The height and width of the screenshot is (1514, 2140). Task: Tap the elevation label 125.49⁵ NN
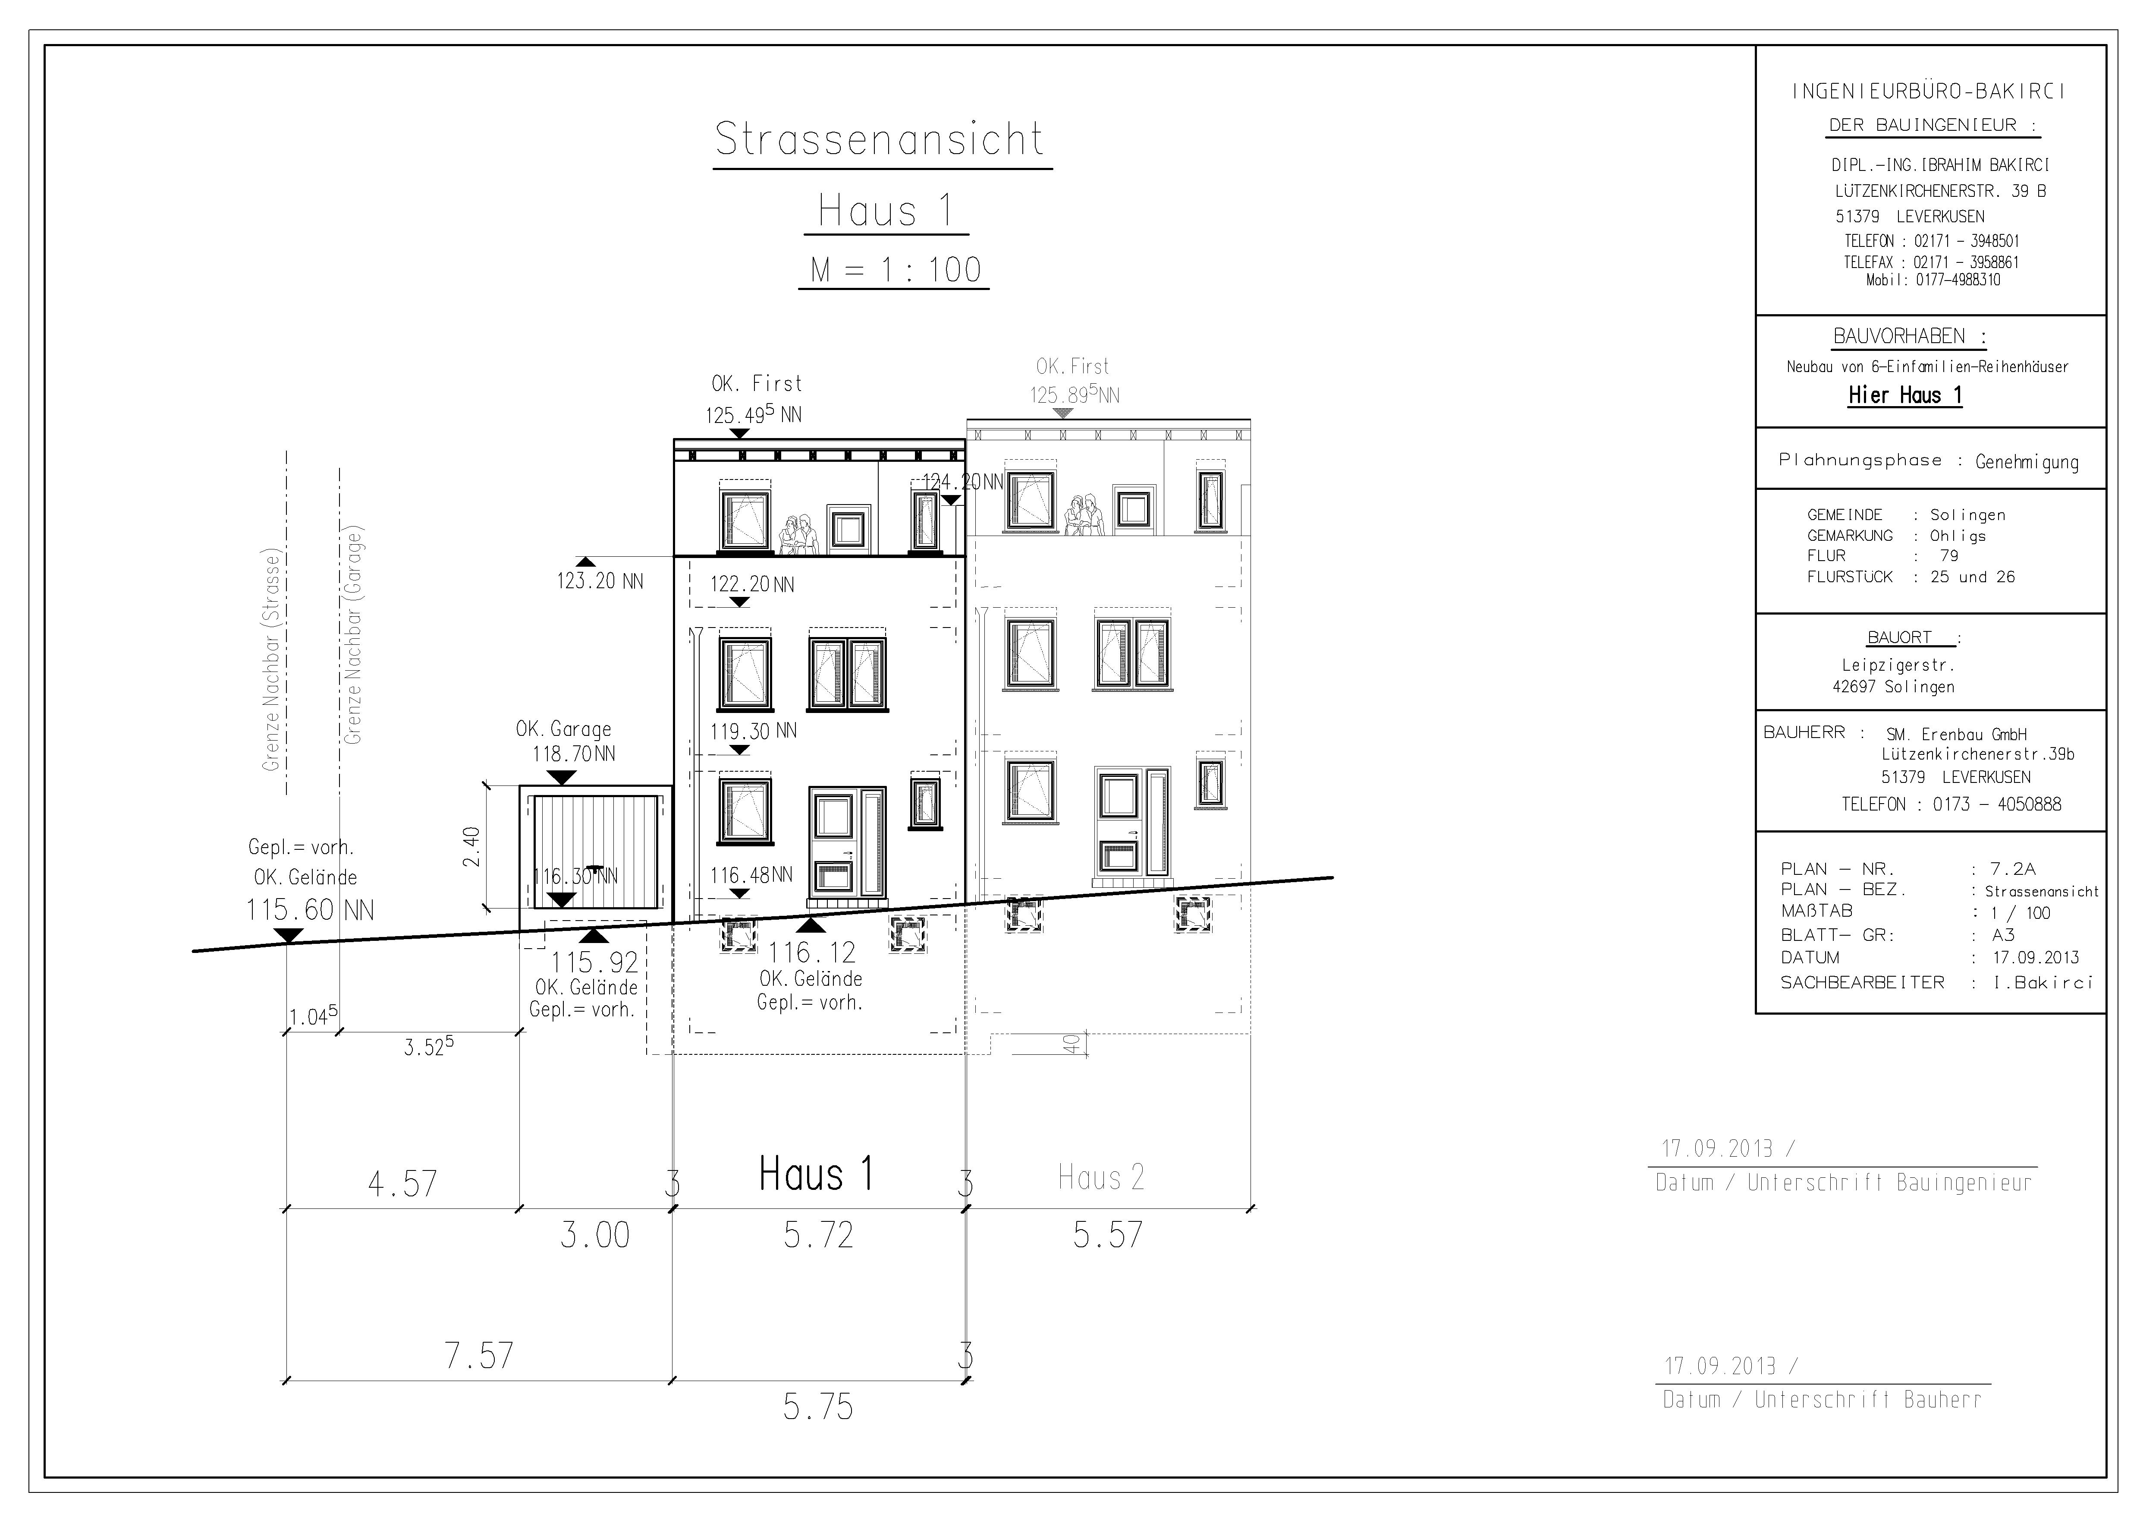pos(753,414)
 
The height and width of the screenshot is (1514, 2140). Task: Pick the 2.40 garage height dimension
pos(471,846)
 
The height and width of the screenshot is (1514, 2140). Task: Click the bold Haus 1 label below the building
pos(817,1174)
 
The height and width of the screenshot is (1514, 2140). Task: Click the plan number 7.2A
pos(2013,869)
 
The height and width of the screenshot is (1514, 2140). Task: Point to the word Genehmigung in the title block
pos(2027,462)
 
